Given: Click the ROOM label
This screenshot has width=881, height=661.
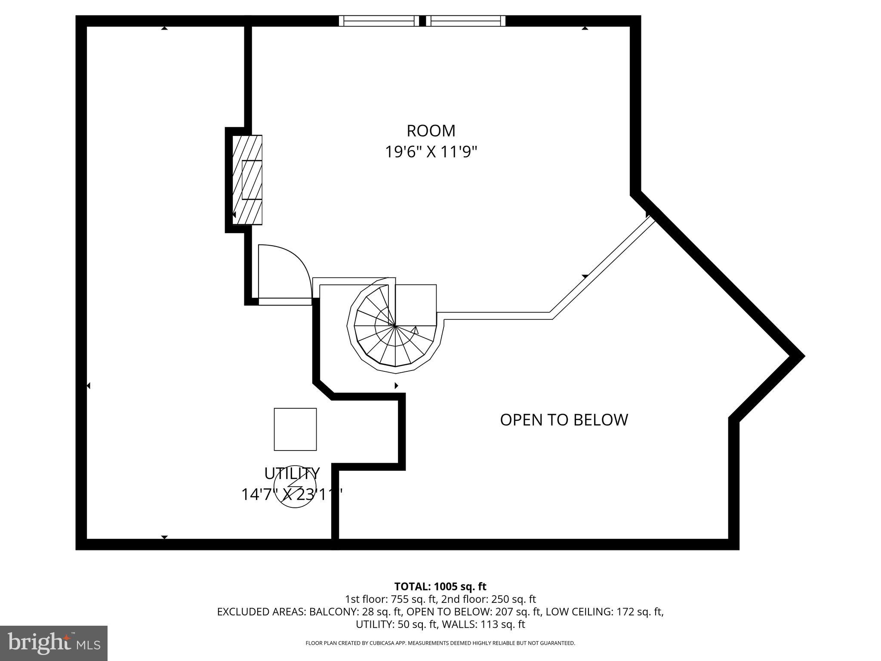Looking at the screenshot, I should pos(431,131).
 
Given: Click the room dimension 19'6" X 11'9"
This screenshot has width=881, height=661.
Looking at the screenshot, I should pos(431,152).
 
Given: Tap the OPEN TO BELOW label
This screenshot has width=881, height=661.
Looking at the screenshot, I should pos(564,420).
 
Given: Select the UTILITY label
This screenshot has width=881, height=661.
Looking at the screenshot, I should pos(292,473).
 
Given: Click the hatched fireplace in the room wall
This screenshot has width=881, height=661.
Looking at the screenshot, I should pos(247,179).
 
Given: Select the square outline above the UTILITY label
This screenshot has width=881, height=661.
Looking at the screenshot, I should pos(295,429).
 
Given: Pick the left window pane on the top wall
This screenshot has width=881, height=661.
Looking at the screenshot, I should pos(379,21).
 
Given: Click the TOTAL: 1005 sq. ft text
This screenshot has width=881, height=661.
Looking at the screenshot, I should pos(440,587).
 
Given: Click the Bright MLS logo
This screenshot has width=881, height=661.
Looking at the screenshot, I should pos(53,643).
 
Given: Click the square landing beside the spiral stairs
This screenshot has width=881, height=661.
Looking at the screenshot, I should pos(416,305).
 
